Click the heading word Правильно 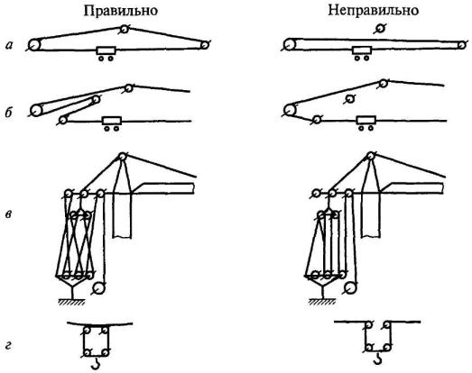(121, 11)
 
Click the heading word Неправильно (374, 11)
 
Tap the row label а (9, 45)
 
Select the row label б (9, 113)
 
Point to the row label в (9, 214)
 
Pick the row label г (8, 346)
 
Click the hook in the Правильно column (96, 363)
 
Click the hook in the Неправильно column (377, 359)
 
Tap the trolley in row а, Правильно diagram (106, 53)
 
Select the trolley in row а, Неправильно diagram (362, 53)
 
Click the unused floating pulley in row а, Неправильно (380, 29)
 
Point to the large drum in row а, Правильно (34, 45)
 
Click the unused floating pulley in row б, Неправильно (349, 98)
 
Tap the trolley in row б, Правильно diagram (112, 123)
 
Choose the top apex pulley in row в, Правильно (122, 157)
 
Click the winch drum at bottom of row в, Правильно (98, 289)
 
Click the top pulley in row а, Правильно (124, 29)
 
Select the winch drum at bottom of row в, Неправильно (350, 288)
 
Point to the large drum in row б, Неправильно (290, 110)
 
